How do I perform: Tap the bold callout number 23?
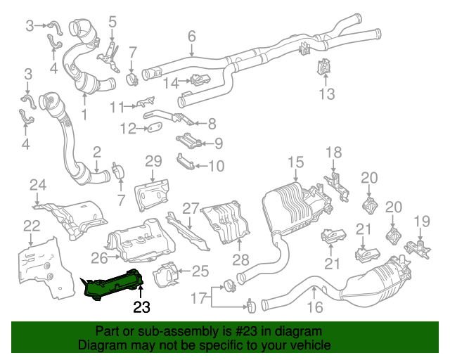[x=142, y=307]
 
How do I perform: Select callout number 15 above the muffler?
[x=295, y=164]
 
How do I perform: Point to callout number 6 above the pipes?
[x=191, y=36]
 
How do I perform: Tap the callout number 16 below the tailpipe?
[x=314, y=306]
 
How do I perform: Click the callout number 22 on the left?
[x=31, y=226]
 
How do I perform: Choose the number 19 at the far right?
[x=421, y=221]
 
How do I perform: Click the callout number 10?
[x=216, y=167]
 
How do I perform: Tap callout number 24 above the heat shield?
[x=37, y=186]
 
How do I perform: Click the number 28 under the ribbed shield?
[x=240, y=261]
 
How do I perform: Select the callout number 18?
[x=333, y=151]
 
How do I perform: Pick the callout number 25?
[x=200, y=271]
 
